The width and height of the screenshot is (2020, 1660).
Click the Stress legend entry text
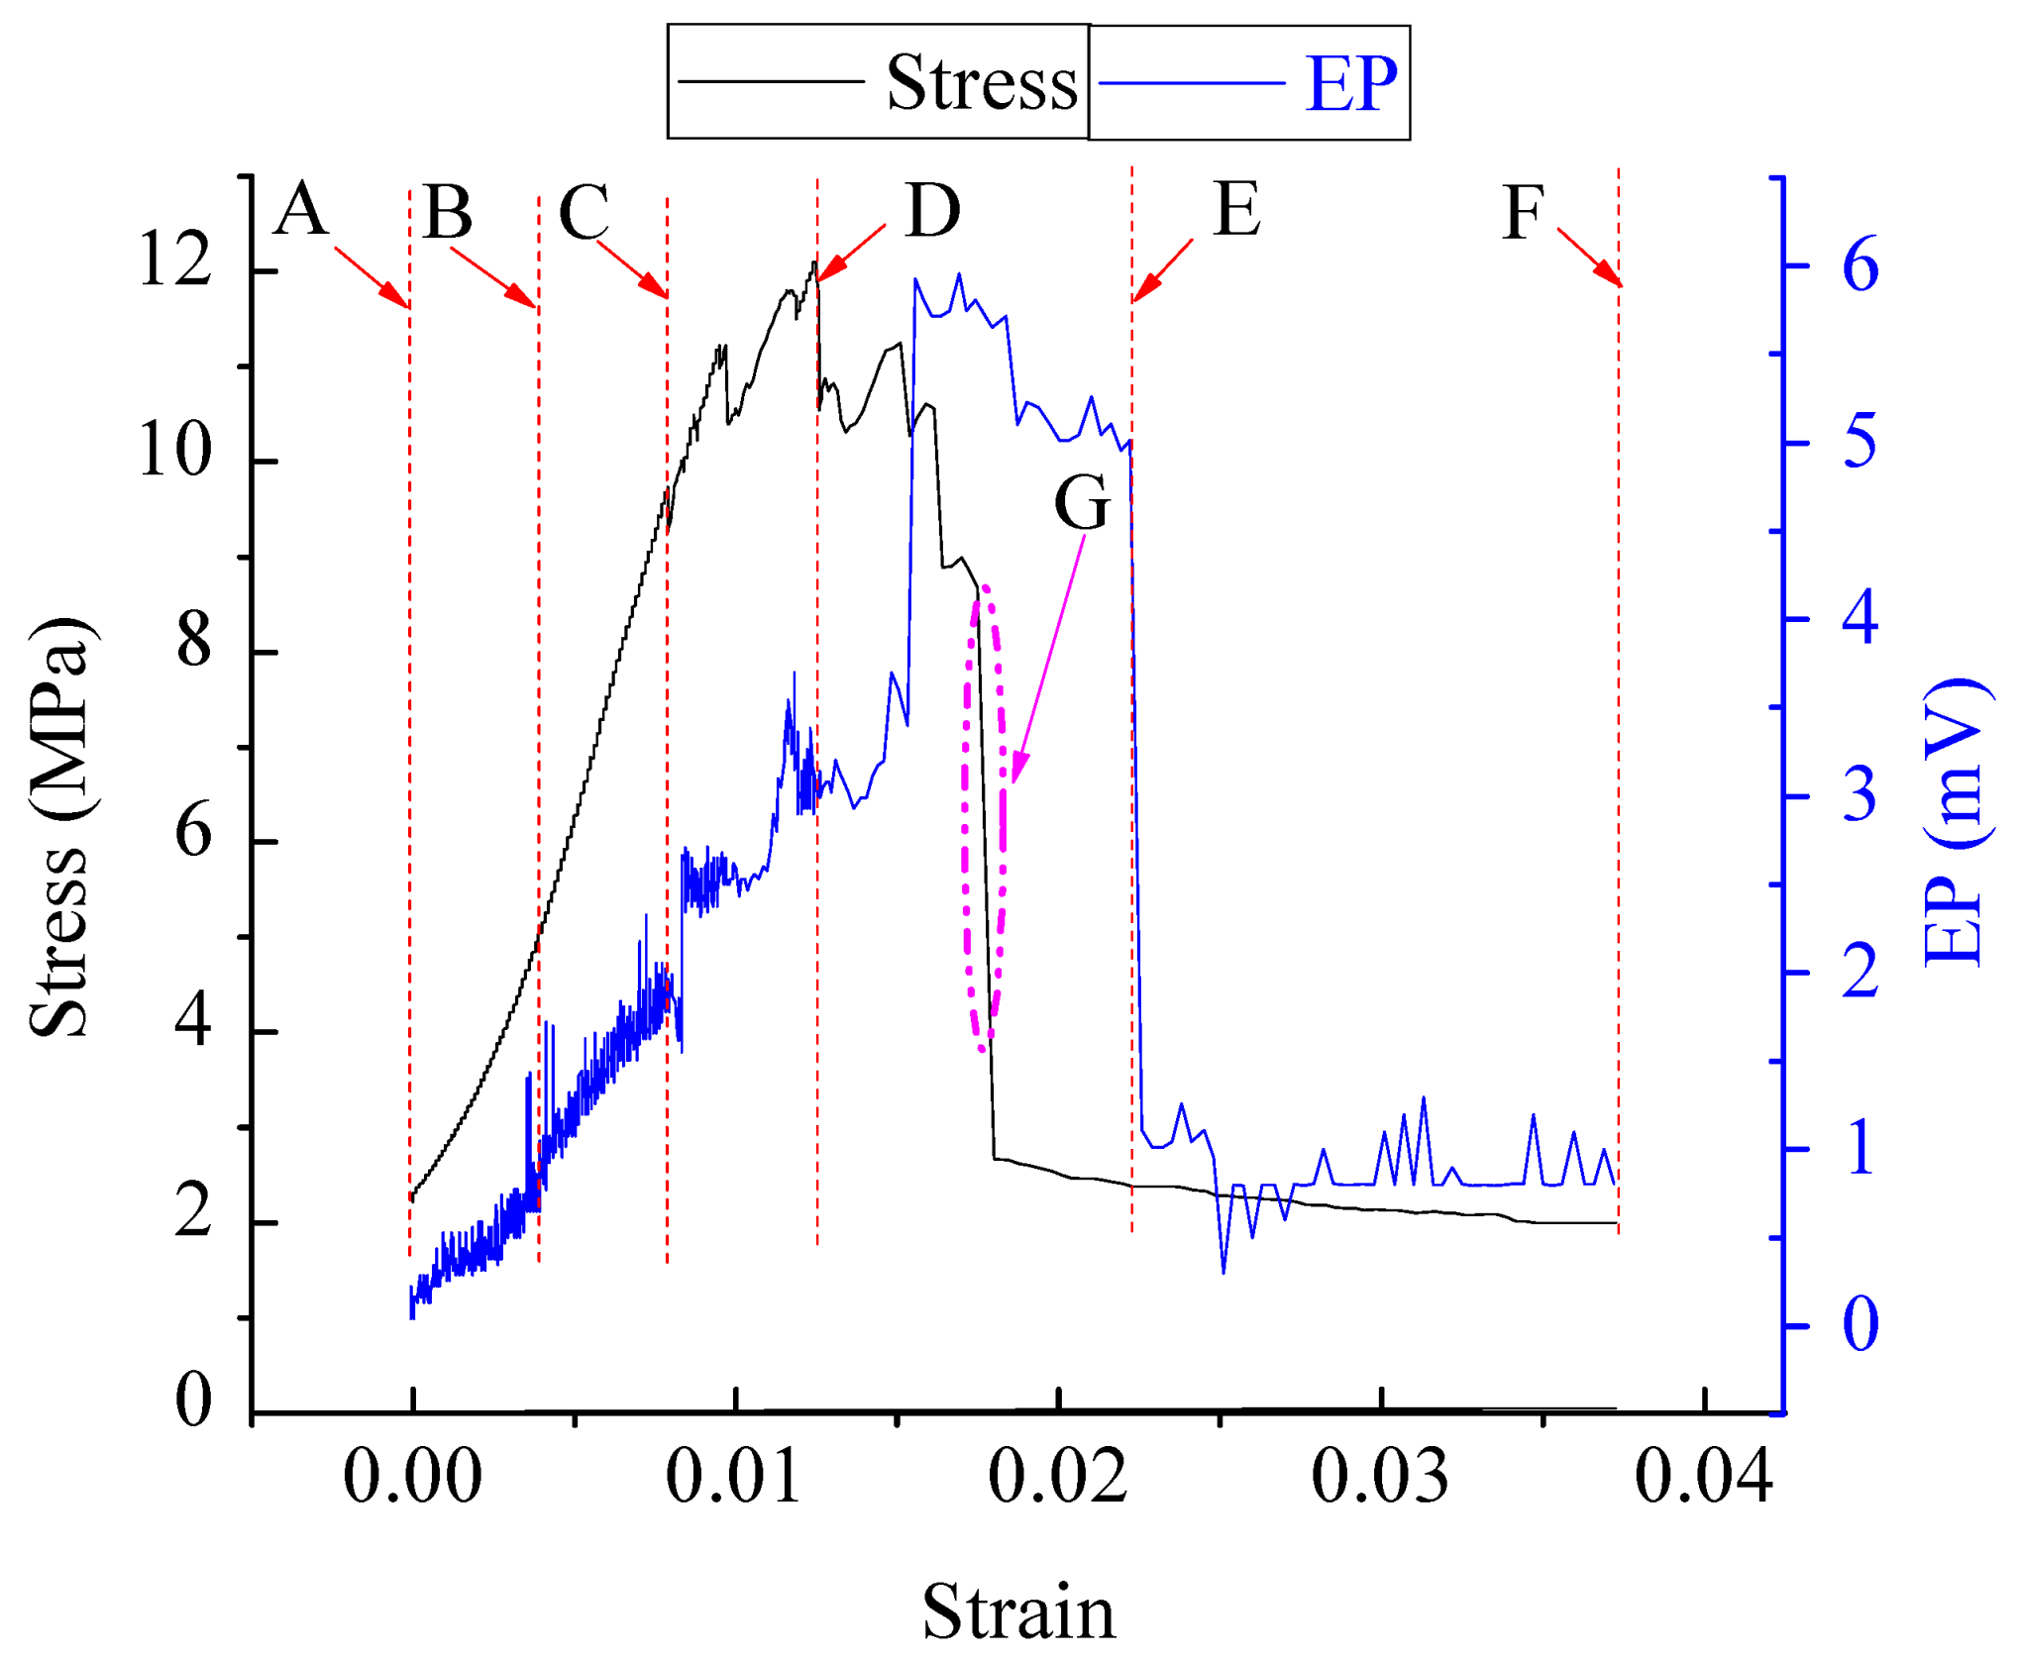click(x=981, y=83)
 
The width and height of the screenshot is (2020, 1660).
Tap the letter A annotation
click(x=300, y=210)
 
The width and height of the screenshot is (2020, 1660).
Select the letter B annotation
click(x=447, y=213)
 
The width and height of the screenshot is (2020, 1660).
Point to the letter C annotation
click(x=584, y=213)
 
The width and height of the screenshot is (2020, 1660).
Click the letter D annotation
click(x=932, y=211)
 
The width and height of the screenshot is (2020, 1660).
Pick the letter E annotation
click(x=1237, y=210)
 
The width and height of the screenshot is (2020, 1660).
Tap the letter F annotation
click(x=1523, y=213)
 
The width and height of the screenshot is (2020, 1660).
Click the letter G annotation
click(x=1081, y=502)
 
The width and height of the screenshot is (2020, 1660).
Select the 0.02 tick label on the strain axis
click(x=1057, y=1477)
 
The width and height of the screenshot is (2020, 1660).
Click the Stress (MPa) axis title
click(x=59, y=827)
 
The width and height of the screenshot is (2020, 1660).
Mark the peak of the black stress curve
click(x=813, y=262)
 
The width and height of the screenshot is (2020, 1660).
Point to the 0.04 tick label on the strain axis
click(x=1702, y=1477)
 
